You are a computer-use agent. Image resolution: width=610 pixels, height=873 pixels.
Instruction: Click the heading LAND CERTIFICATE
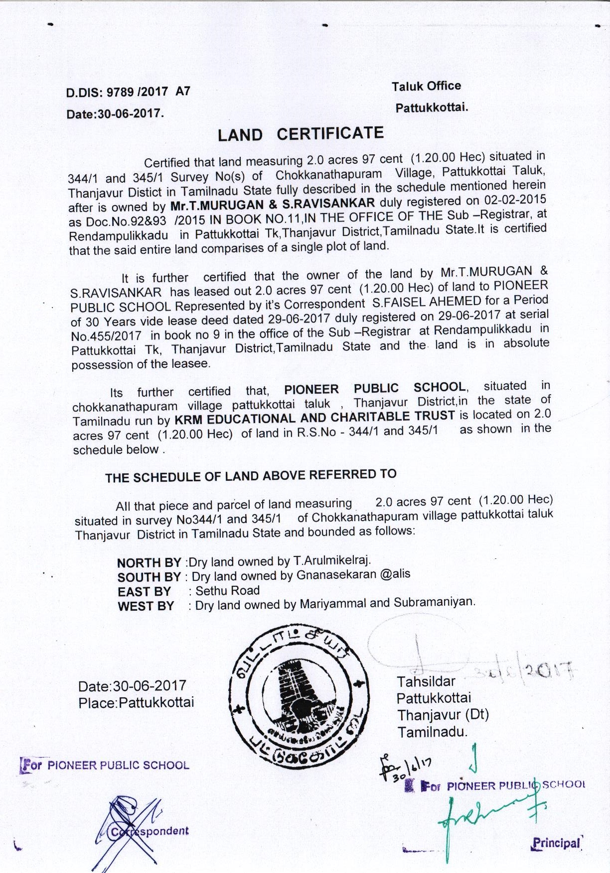tap(301, 134)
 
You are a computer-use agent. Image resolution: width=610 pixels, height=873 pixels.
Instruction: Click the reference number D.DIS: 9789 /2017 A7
tap(128, 92)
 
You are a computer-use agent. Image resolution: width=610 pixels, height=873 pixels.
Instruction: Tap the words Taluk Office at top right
tap(426, 86)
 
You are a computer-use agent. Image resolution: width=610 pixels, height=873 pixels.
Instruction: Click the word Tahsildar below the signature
tap(426, 681)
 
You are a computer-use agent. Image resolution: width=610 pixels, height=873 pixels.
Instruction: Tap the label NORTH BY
tap(149, 563)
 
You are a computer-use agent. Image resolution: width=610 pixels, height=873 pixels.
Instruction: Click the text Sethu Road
tap(227, 591)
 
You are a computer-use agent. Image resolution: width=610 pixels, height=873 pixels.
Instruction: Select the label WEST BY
tap(146, 606)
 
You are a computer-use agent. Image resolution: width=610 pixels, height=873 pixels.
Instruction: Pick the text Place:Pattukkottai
tap(136, 703)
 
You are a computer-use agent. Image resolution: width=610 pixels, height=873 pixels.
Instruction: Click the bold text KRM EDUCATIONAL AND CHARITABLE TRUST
tap(313, 417)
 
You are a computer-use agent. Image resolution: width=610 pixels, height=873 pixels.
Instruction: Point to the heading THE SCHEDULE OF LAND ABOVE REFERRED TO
tap(251, 476)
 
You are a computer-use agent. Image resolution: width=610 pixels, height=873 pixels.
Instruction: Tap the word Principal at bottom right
tap(556, 843)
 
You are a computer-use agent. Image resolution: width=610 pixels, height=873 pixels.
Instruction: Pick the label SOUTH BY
tap(149, 577)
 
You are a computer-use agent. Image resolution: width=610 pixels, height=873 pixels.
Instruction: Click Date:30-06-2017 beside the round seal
tap(132, 686)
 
